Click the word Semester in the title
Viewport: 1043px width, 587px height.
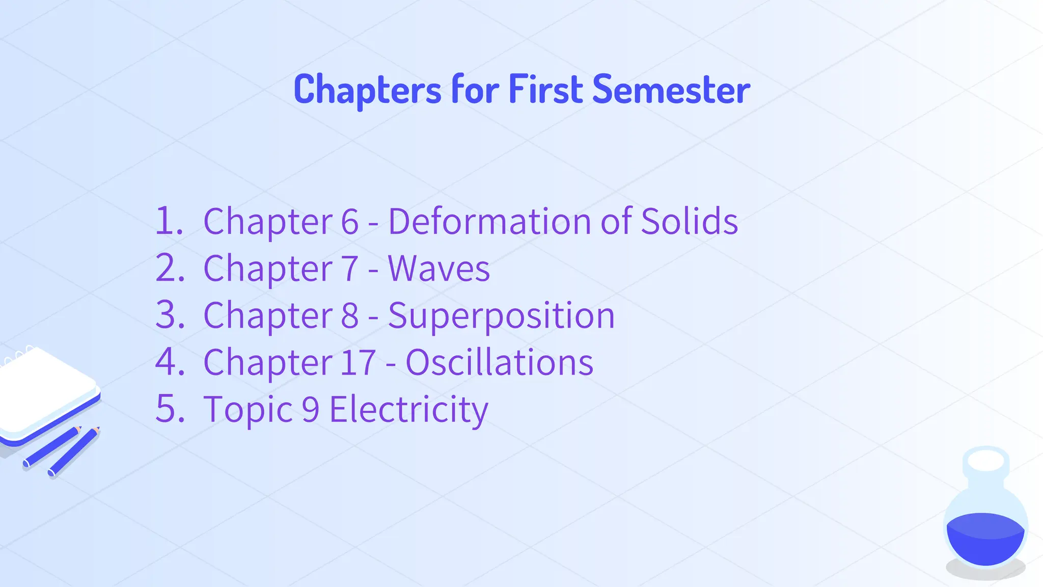click(x=671, y=90)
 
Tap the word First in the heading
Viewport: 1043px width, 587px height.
click(x=545, y=90)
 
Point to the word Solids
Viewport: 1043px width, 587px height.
click(x=689, y=222)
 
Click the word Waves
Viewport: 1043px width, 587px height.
click(x=438, y=269)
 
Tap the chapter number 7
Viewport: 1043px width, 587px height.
click(x=350, y=269)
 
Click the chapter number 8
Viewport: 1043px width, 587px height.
click(x=350, y=316)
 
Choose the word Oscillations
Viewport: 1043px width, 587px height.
click(x=499, y=363)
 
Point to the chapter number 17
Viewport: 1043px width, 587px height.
click(x=358, y=363)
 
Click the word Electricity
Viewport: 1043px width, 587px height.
click(x=409, y=410)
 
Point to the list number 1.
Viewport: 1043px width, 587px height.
click(x=168, y=222)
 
